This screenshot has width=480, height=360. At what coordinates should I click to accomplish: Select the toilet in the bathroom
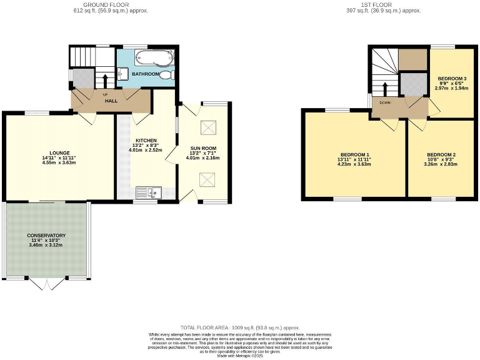coord(167,75)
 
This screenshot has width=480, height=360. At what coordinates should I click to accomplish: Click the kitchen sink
coord(149,192)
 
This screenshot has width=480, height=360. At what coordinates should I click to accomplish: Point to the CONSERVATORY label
coord(46,236)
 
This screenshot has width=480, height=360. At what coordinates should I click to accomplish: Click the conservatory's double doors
coord(47,284)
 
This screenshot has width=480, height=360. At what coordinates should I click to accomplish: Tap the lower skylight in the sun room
coord(206,180)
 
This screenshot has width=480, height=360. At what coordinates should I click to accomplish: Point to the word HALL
coord(111,101)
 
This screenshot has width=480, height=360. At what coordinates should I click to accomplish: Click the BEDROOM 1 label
coord(355,154)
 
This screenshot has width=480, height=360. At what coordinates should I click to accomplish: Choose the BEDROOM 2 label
coord(441,154)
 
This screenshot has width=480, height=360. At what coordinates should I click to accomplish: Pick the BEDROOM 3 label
coord(452,78)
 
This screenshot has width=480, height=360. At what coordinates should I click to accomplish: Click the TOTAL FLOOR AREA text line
coord(240,327)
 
